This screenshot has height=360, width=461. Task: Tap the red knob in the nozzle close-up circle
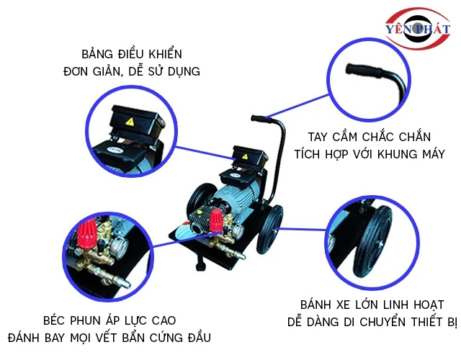(x=87, y=233)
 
